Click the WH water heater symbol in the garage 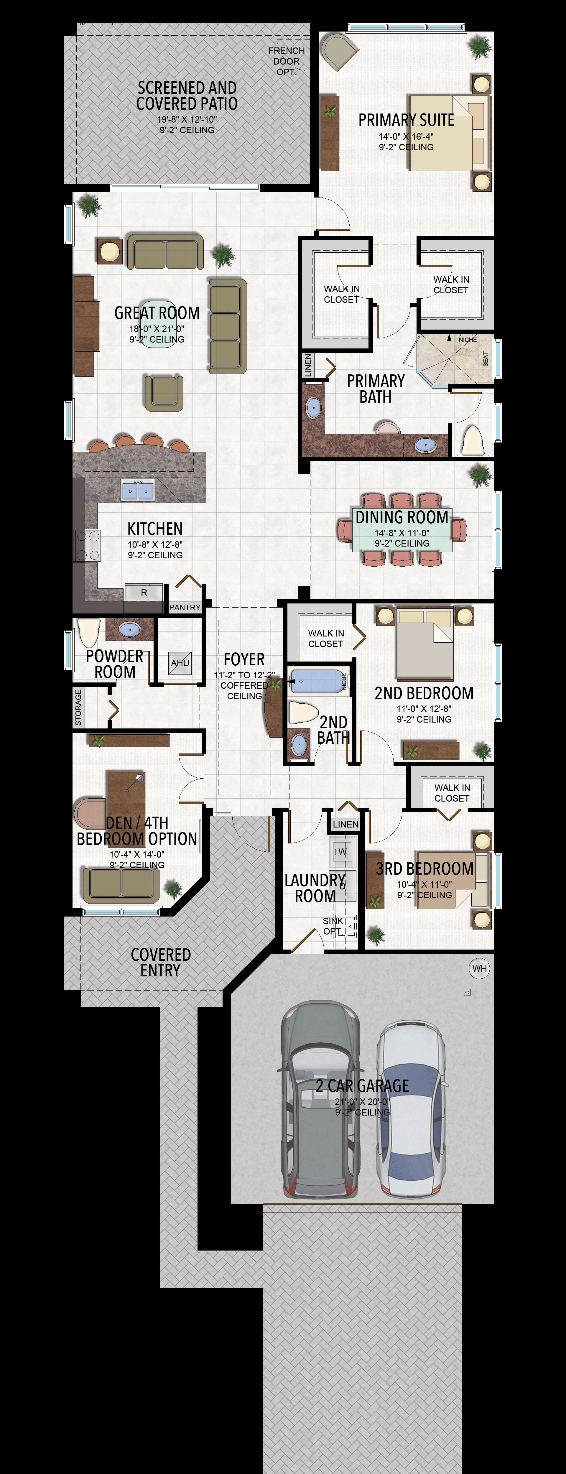[x=480, y=968]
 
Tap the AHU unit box [x=180, y=663]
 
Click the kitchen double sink [x=138, y=490]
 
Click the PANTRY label [x=185, y=607]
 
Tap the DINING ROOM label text [x=402, y=517]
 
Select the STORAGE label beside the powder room [x=78, y=707]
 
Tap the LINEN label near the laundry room [x=346, y=824]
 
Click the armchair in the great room [x=164, y=393]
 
